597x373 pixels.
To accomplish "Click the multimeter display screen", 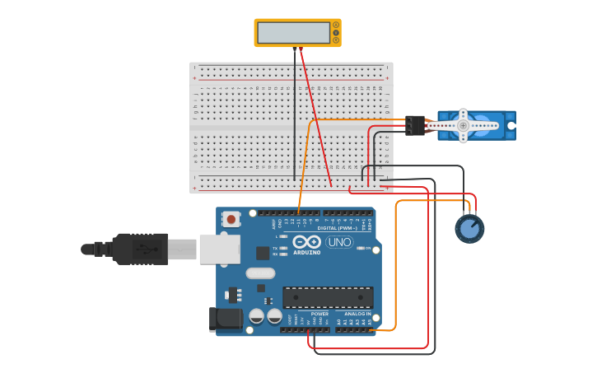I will tap(293, 32).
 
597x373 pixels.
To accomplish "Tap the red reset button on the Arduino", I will tap(233, 219).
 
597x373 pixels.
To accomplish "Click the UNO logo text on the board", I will tap(339, 242).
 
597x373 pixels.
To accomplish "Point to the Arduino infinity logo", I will tap(306, 242).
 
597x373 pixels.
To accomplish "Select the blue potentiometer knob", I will tap(469, 228).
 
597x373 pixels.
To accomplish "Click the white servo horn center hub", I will tap(463, 125).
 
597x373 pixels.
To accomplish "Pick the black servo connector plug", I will tap(415, 124).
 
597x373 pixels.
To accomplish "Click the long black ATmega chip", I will tap(328, 297).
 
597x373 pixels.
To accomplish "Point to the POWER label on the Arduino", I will tap(319, 314).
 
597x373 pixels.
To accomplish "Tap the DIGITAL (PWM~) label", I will tap(343, 228).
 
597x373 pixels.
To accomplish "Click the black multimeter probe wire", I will tap(295, 115).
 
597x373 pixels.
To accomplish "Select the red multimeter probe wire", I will tap(315, 115).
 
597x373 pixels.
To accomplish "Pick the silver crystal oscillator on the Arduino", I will tap(260, 273).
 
